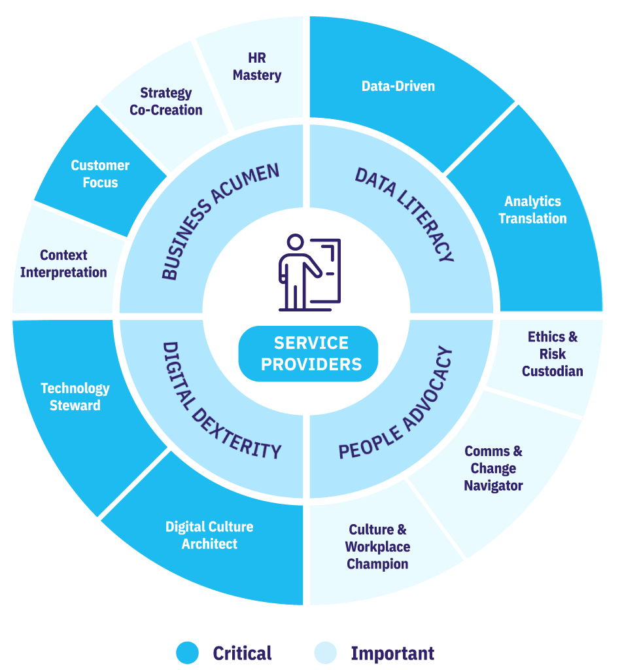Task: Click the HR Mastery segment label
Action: (257, 67)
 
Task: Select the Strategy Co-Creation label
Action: (166, 101)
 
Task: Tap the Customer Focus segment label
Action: (100, 174)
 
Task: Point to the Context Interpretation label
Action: (63, 264)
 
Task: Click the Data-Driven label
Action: (398, 86)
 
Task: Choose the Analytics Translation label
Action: (532, 210)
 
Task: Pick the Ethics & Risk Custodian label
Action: (553, 354)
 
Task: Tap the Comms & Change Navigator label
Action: (493, 468)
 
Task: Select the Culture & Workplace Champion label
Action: (377, 547)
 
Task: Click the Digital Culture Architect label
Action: (209, 535)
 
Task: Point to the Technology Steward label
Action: (75, 397)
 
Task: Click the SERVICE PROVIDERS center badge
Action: (309, 354)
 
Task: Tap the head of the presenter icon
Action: (295, 242)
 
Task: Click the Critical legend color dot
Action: (188, 653)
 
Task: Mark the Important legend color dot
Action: (326, 653)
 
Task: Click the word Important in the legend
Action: (392, 654)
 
